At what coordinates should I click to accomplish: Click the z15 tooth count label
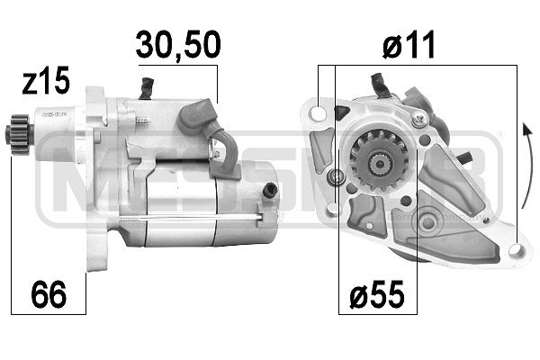44,83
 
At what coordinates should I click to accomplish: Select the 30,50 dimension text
177,44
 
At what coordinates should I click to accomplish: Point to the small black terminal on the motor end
271,190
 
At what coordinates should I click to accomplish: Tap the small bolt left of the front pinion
337,176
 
